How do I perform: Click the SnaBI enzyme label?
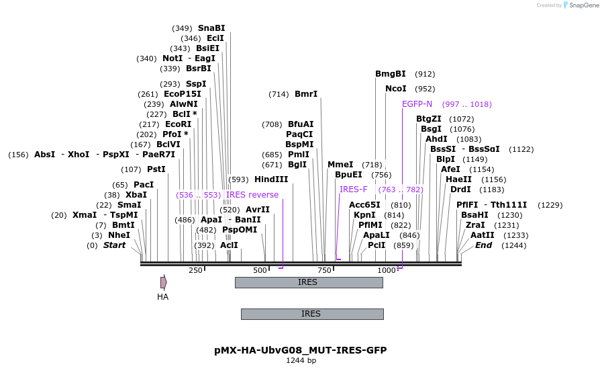click(211, 28)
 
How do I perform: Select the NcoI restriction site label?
click(395, 89)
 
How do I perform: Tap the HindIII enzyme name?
click(271, 179)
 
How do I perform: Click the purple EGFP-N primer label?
click(417, 104)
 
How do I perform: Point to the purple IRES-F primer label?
click(353, 190)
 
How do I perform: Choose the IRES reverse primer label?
click(252, 195)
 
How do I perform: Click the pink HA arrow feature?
click(163, 282)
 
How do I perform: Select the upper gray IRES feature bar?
click(309, 282)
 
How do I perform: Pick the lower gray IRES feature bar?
click(312, 314)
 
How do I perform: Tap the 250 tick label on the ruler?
click(195, 270)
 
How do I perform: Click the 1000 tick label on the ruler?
click(387, 270)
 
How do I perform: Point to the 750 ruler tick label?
click(325, 270)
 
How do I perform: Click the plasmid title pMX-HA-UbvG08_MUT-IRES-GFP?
click(301, 350)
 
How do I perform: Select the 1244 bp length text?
click(301, 361)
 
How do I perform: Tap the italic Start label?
click(114, 245)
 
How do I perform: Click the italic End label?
click(483, 245)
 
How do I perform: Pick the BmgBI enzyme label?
click(390, 74)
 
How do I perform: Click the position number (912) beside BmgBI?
click(425, 74)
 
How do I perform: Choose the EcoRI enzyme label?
click(178, 124)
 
